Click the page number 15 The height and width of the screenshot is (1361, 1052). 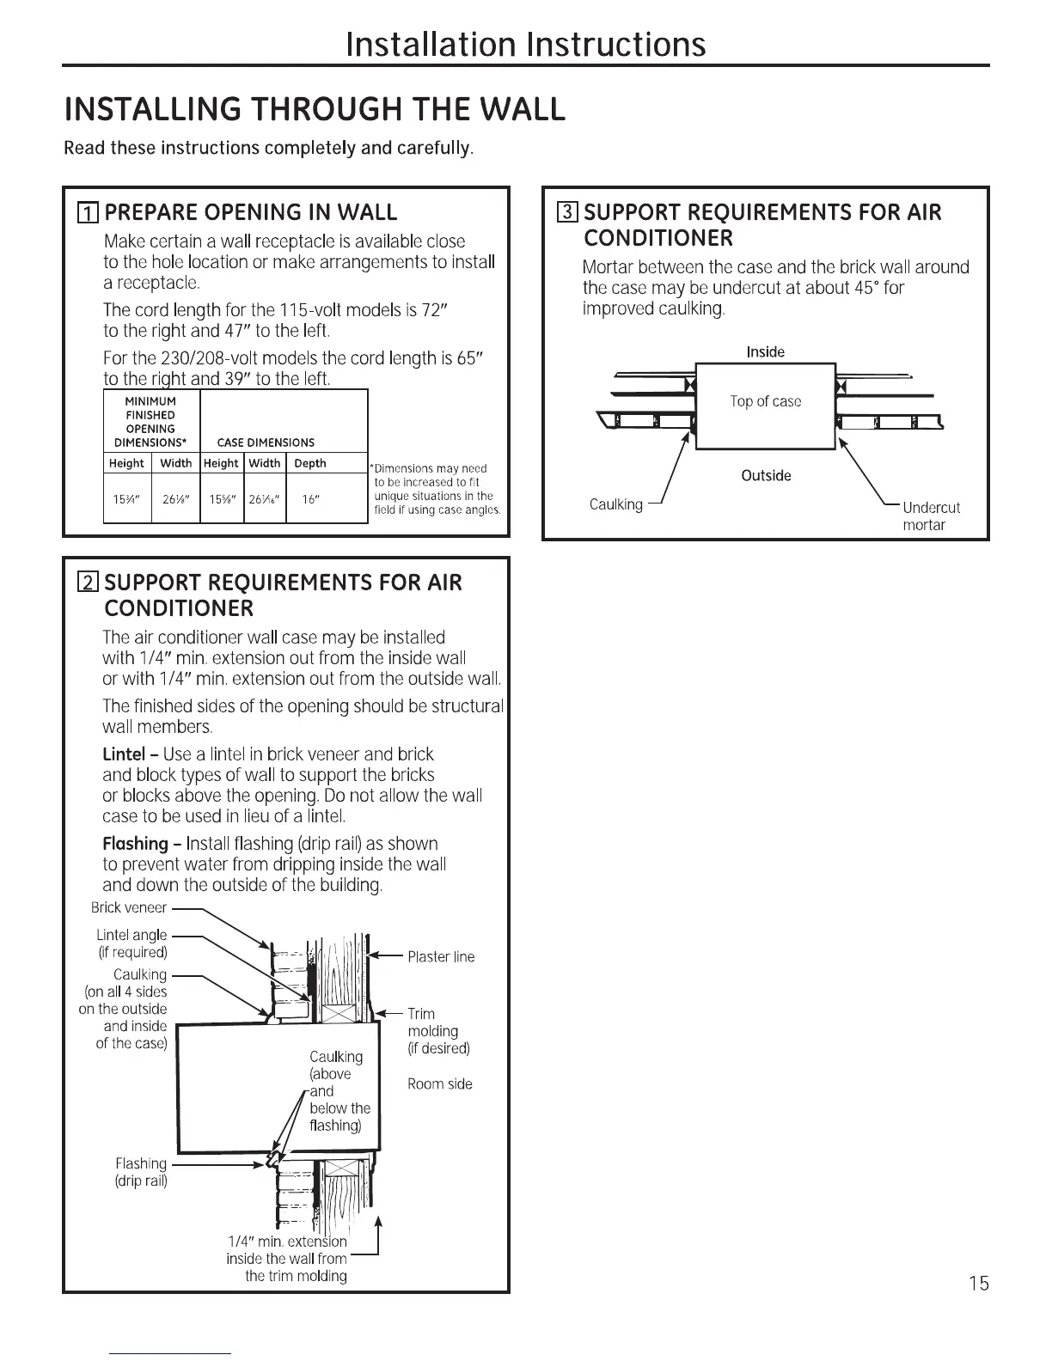978,1284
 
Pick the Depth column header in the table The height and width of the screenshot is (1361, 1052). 310,463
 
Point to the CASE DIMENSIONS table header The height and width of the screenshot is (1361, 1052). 266,442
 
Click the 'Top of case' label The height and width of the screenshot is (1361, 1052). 765,401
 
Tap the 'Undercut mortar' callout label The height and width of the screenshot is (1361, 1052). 930,516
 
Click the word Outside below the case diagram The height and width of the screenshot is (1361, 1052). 766,476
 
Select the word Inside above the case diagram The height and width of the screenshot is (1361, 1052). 765,352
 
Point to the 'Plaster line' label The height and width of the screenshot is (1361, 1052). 441,957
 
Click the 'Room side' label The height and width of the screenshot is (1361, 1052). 440,1084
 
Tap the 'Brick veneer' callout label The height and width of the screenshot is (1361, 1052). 129,907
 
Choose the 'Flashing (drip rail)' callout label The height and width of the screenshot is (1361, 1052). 141,1172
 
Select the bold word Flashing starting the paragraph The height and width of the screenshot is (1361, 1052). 135,844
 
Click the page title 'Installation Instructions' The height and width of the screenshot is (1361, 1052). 525,44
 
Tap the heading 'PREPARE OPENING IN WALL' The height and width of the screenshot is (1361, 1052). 250,213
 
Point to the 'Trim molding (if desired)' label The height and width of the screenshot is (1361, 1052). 438,1031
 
